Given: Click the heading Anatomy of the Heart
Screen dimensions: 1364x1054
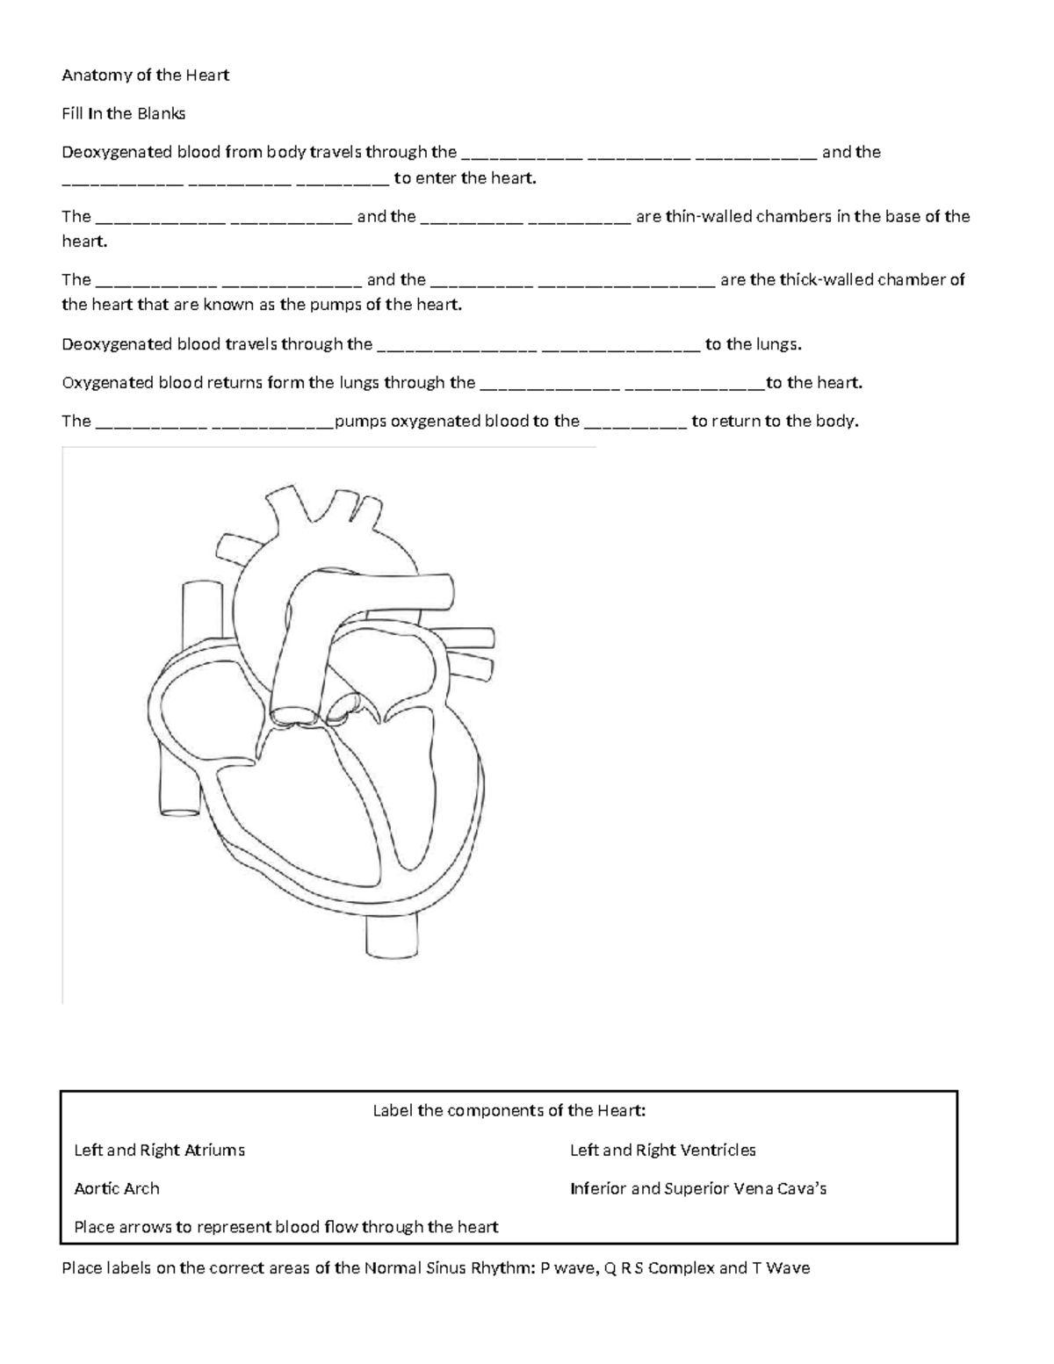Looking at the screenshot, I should click(x=145, y=76).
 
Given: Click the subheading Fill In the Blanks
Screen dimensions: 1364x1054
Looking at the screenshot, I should click(x=124, y=113).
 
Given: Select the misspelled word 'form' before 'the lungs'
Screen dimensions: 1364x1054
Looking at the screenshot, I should click(x=290, y=383).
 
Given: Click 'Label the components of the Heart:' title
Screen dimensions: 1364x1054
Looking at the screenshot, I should click(x=509, y=1110).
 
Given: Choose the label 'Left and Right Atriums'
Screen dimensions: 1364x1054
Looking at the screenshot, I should click(x=160, y=1150).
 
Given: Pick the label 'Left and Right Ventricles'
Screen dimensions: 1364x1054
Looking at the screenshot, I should click(x=663, y=1150).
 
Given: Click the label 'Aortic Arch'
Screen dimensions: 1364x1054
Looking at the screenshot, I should click(x=117, y=1188).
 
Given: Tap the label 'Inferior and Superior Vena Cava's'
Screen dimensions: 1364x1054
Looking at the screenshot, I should click(x=698, y=1188).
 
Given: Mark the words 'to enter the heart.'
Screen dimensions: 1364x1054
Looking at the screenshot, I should click(x=465, y=178).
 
